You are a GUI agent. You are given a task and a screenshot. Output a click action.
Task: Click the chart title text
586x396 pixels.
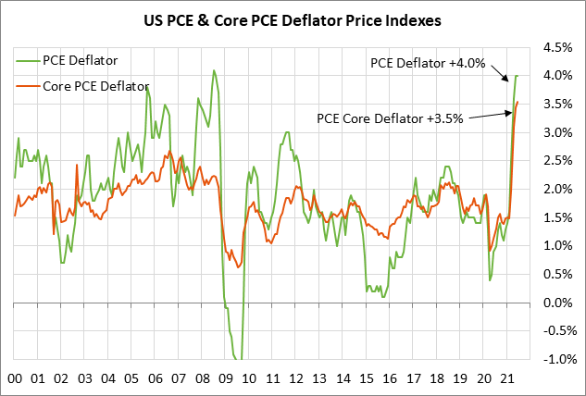click(x=293, y=18)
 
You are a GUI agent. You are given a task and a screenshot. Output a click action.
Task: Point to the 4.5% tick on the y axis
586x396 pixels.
click(x=558, y=47)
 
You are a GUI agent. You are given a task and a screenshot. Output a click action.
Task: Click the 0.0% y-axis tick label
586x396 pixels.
click(x=558, y=303)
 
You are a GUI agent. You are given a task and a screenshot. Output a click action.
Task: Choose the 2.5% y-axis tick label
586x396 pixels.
click(x=558, y=161)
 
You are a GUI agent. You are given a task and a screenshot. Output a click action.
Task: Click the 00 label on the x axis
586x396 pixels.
click(x=15, y=378)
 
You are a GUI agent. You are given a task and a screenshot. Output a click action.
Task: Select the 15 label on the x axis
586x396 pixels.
click(x=368, y=378)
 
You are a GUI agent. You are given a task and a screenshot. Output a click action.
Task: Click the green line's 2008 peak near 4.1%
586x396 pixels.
click(x=214, y=70)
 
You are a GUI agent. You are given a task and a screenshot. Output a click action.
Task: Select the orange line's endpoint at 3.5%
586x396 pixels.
click(x=517, y=103)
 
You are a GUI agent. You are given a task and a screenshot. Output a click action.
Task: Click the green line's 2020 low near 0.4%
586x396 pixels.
click(x=489, y=279)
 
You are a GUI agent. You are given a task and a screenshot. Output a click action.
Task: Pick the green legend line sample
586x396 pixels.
click(x=29, y=60)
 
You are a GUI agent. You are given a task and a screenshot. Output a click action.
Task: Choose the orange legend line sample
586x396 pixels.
click(x=29, y=87)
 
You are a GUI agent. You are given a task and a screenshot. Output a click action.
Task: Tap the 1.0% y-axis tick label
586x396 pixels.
click(x=558, y=246)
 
